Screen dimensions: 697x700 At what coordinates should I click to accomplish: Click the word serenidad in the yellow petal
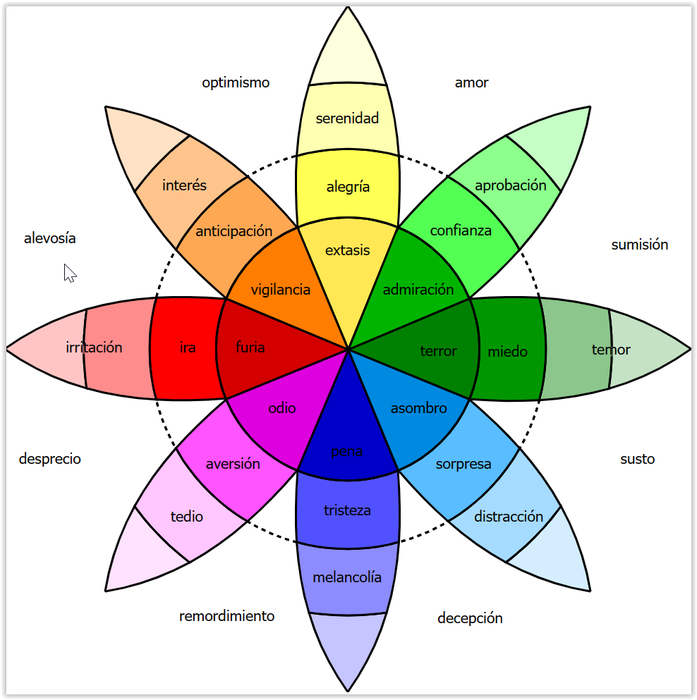pyautogui.click(x=347, y=118)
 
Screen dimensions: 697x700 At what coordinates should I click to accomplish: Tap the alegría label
pyautogui.click(x=348, y=187)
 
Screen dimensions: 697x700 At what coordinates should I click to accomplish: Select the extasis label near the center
pyautogui.click(x=348, y=250)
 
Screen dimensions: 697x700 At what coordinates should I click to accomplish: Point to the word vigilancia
pyautogui.click(x=281, y=290)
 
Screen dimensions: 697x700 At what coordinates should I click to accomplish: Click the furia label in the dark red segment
pyautogui.click(x=250, y=347)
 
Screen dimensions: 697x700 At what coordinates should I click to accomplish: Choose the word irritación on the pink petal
pyautogui.click(x=94, y=347)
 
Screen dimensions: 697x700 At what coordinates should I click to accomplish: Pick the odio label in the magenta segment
pyautogui.click(x=282, y=408)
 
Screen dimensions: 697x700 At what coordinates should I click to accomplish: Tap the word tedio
pyautogui.click(x=187, y=517)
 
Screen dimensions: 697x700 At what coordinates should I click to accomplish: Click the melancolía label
pyautogui.click(x=347, y=577)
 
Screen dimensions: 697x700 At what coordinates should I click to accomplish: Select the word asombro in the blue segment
pyautogui.click(x=419, y=408)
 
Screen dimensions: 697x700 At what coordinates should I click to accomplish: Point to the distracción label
pyautogui.click(x=509, y=517)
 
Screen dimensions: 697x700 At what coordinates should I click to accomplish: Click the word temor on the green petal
pyautogui.click(x=611, y=350)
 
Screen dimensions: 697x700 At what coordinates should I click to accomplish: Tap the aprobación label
pyautogui.click(x=511, y=185)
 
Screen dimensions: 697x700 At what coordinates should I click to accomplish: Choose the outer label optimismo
pyautogui.click(x=236, y=82)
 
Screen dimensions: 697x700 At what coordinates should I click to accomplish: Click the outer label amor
pyautogui.click(x=472, y=82)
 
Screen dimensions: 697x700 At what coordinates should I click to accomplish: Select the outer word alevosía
pyautogui.click(x=50, y=238)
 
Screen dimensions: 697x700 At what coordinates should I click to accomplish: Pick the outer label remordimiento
pyautogui.click(x=227, y=616)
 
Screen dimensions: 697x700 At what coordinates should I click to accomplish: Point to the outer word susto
pyautogui.click(x=638, y=459)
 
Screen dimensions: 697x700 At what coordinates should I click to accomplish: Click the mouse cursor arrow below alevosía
pyautogui.click(x=70, y=274)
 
